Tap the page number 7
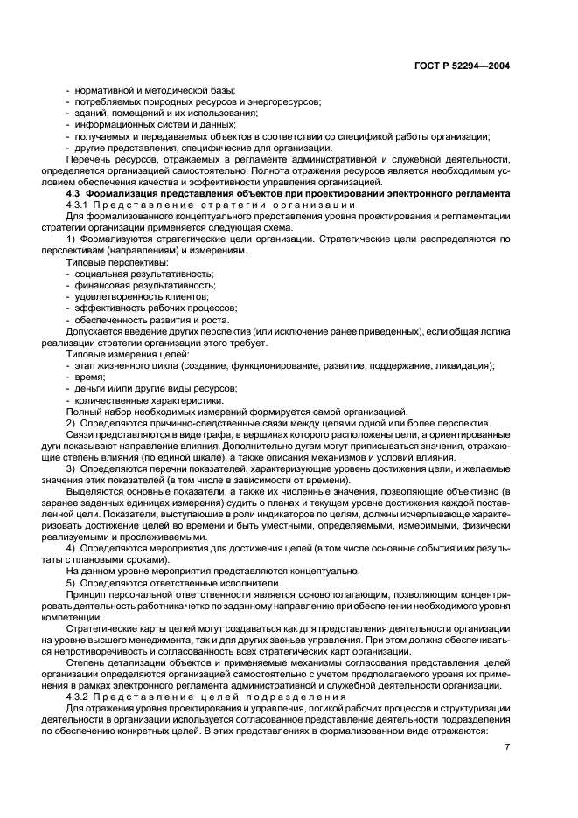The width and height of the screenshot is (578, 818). [x=506, y=747]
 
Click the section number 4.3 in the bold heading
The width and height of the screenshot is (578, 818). [x=73, y=193]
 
